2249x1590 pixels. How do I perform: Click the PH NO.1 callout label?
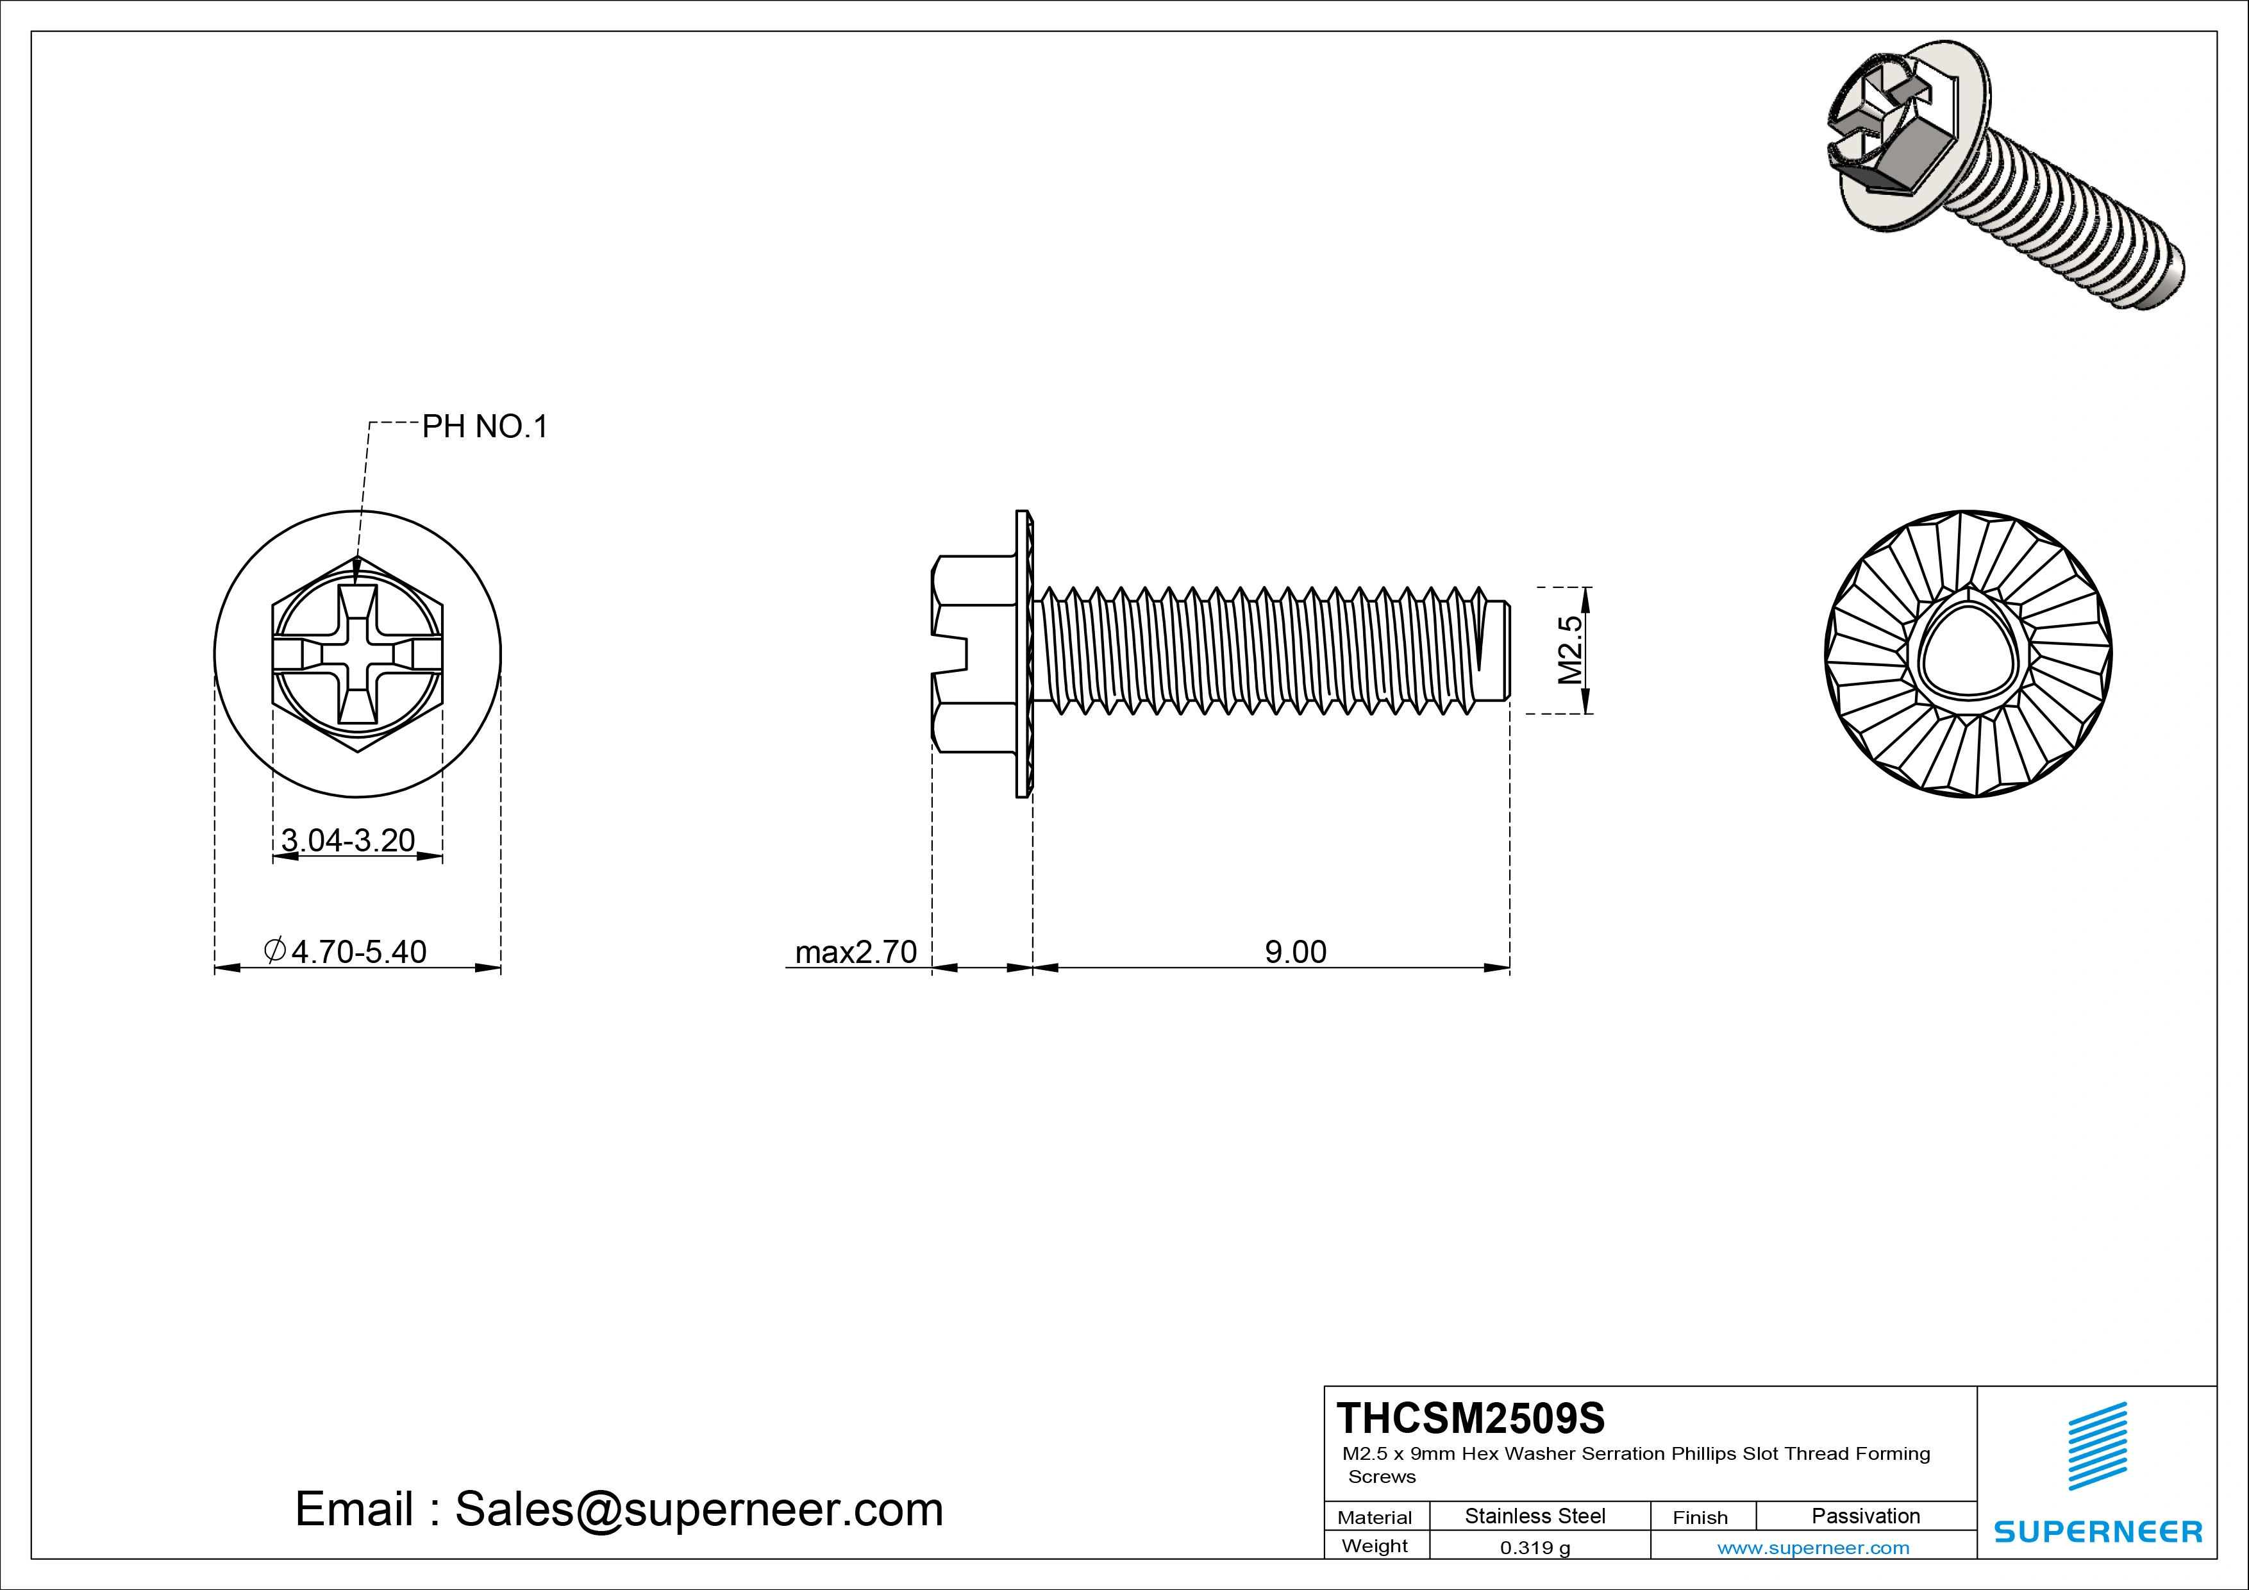[x=485, y=427]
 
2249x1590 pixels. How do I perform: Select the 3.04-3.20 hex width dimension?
[x=347, y=840]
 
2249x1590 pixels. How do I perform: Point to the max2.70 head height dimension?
[x=855, y=951]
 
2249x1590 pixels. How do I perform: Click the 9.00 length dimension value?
[x=1295, y=951]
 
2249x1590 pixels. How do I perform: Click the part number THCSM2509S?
[x=1470, y=1418]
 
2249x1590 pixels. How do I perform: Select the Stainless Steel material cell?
[x=1534, y=1516]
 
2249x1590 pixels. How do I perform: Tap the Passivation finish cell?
[x=1865, y=1516]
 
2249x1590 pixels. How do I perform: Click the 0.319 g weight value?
[x=1534, y=1548]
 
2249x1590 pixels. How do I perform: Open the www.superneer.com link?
[x=1813, y=1548]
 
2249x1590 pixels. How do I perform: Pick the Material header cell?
[x=1375, y=1518]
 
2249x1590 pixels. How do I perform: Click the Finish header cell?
[x=1700, y=1518]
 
